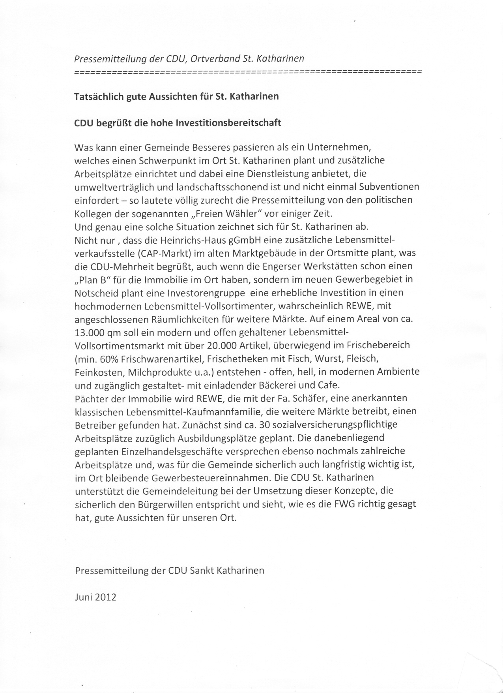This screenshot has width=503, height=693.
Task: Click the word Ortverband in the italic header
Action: tap(215, 59)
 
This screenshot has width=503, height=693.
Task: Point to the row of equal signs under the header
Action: tap(248, 72)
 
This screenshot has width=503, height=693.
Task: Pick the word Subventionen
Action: tap(391, 186)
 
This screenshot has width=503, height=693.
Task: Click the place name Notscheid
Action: tap(95, 293)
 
